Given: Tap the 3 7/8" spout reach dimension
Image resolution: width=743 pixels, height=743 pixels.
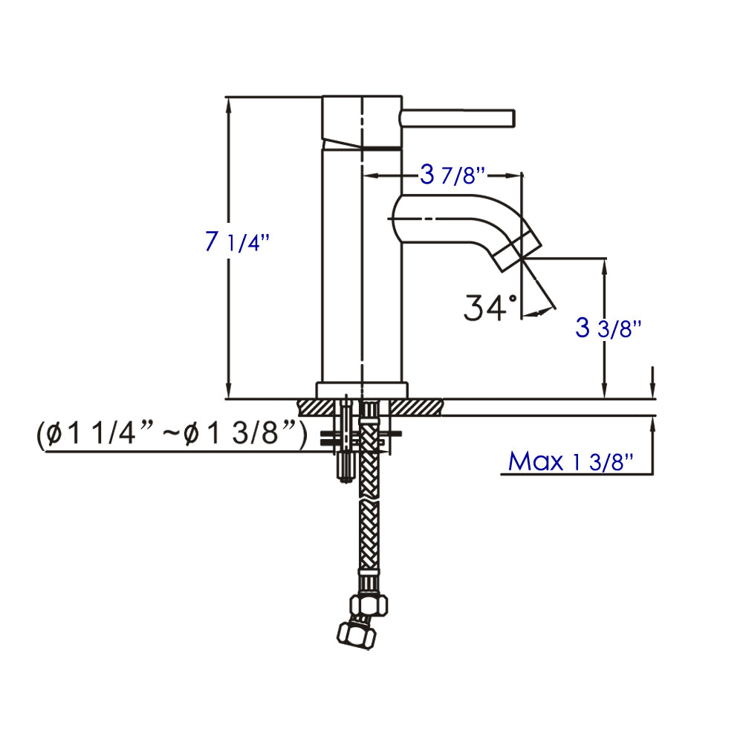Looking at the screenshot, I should [452, 176].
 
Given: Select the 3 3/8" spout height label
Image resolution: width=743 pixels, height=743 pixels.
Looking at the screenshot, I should [608, 328].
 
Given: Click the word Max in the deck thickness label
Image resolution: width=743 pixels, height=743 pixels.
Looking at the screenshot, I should [535, 461].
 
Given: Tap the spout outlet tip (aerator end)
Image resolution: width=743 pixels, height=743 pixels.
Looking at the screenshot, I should [517, 249].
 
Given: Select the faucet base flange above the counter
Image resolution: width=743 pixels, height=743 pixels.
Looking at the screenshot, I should [362, 389].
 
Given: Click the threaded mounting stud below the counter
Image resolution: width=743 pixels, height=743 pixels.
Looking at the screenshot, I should [345, 464].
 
